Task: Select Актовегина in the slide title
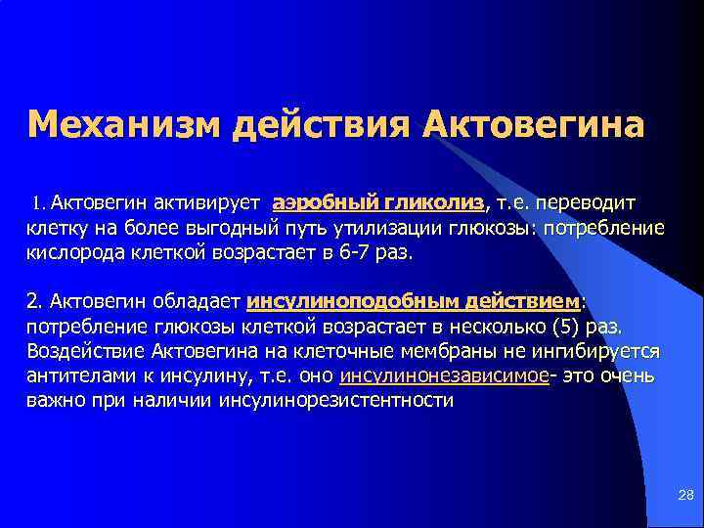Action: (534, 126)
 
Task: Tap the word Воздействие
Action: (80, 351)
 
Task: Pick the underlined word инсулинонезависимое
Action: (444, 376)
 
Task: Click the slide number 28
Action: (684, 497)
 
